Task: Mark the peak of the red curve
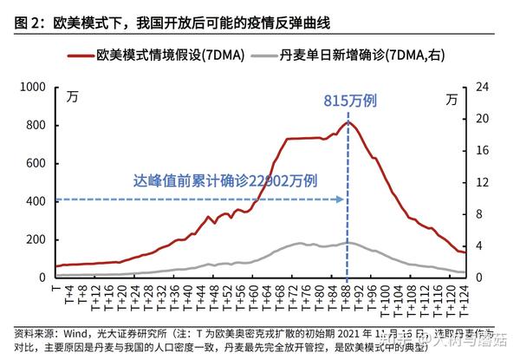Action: (x=347, y=122)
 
